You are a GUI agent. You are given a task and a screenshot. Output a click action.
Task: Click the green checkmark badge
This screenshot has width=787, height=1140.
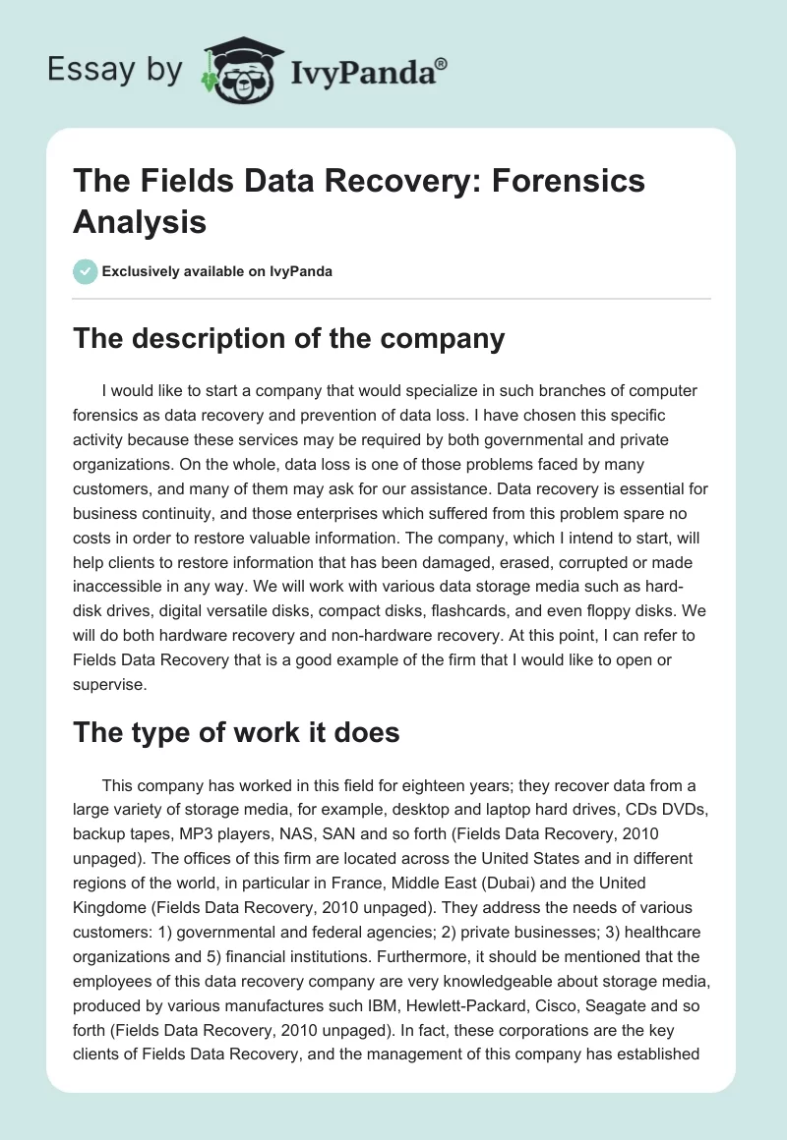pos(85,271)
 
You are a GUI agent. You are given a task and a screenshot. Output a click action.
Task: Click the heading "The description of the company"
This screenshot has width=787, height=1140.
pos(289,339)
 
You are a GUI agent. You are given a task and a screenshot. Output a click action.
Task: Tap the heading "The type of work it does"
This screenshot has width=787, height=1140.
pos(236,731)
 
